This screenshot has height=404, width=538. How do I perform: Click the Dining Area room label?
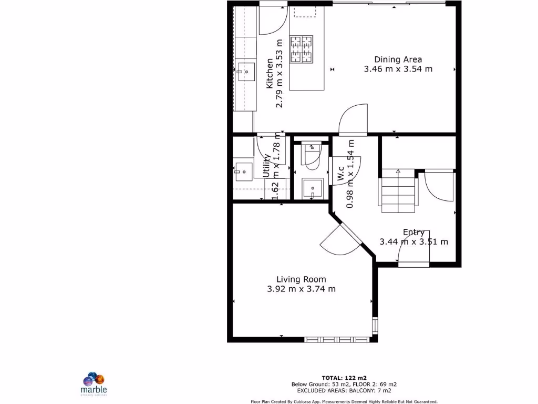[398, 59]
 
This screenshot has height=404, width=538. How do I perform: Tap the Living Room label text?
[301, 279]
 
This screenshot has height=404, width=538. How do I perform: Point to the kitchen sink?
[245, 72]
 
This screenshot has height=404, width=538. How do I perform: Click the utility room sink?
[243, 171]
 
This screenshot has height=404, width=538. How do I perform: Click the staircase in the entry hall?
[398, 191]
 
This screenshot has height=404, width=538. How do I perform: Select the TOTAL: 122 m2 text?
[344, 378]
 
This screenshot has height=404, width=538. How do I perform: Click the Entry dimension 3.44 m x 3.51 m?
[413, 242]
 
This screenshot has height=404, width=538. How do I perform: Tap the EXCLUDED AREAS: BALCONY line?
[344, 390]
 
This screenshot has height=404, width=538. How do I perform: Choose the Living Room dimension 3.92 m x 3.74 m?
[301, 289]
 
